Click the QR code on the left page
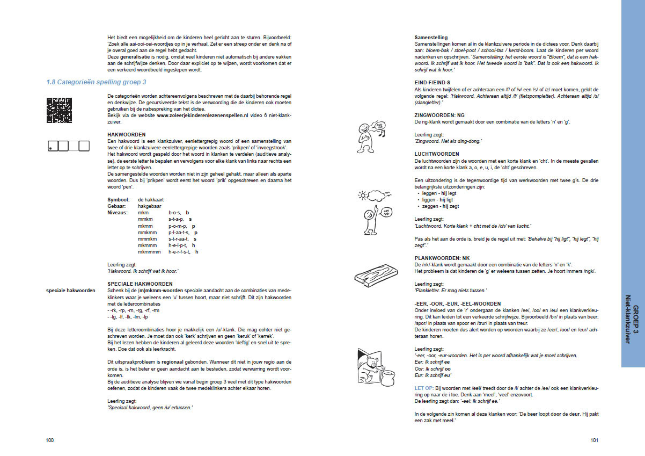[x=59, y=110]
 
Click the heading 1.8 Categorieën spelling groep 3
[x=97, y=82]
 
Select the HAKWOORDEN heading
[x=127, y=134]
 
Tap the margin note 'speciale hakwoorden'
[x=71, y=291]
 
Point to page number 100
[x=50, y=440]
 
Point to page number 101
[x=594, y=440]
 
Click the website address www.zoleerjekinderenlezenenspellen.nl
[x=202, y=115]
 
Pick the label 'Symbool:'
[x=119, y=200]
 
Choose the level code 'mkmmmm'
[x=149, y=251]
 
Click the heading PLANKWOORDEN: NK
[x=442, y=258]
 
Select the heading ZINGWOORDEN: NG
[x=440, y=115]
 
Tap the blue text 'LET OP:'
[x=423, y=388]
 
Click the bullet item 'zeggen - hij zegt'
[x=439, y=206]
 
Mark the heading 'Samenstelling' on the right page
[x=431, y=37]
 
